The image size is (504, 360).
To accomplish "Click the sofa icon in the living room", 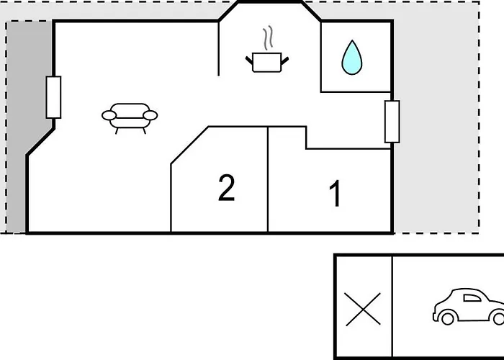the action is coord(130,118).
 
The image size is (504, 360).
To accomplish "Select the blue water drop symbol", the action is coord(352,58).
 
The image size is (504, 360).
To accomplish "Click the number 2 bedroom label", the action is coord(226,188).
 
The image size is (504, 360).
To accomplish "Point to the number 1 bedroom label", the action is coord(336,193).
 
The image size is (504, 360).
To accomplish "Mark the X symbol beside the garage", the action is coord(363,309).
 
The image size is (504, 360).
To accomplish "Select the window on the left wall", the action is coord(53,97).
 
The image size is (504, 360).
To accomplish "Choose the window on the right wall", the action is coord(392,122).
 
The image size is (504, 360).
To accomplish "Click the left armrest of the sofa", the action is coord(109,115).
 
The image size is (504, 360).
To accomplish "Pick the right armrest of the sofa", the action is coord(150,115).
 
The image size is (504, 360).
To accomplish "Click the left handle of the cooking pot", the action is coord(249,60).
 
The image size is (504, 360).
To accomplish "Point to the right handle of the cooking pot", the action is coord(285,60).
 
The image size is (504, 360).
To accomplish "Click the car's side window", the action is coord(472,298).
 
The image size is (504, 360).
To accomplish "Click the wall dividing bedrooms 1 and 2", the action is coord(268,179).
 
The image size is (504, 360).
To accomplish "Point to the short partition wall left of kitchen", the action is coord(219,48).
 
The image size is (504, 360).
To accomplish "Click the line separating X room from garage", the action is coord(392,306).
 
